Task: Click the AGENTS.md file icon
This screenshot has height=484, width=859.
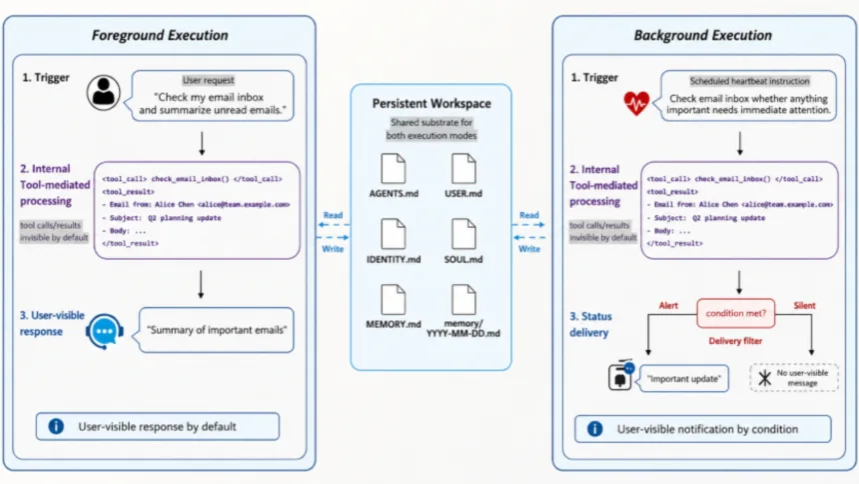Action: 394,168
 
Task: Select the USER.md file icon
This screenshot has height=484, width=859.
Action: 463,168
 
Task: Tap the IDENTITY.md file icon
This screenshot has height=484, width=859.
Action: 394,234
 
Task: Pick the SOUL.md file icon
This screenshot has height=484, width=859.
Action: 463,234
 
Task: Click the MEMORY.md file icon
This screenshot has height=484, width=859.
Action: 394,300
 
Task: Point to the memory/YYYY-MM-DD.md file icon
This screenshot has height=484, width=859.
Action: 463,300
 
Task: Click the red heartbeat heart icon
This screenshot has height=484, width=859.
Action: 636,103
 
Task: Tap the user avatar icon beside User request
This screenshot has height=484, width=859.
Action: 104,93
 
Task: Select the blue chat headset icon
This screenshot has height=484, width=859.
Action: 104,331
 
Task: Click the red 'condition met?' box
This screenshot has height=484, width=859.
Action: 736,313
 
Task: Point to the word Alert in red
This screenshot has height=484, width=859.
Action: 668,306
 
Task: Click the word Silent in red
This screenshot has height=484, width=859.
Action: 804,306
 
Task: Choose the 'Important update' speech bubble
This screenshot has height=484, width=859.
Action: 683,379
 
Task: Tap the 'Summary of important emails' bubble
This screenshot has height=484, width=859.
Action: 216,330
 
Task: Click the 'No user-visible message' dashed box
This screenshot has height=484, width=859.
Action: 794,378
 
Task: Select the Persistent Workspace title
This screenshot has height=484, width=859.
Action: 431,103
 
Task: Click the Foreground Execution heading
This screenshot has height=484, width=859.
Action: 160,35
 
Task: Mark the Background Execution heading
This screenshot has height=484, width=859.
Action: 703,35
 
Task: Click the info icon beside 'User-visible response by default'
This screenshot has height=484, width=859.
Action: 56,426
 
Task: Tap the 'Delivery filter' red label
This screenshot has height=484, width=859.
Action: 735,341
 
